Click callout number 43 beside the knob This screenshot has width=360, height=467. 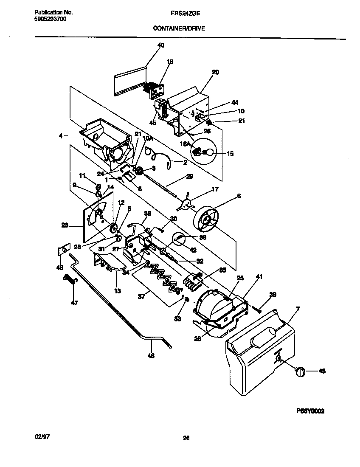[322, 371]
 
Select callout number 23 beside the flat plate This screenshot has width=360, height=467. [65, 226]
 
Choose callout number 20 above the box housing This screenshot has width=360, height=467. [215, 73]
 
